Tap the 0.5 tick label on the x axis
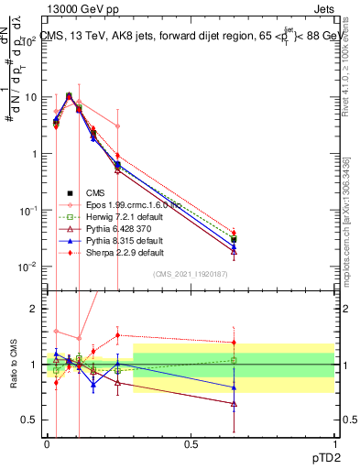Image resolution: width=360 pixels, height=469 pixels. [191, 443]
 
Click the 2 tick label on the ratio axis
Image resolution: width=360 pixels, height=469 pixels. [34, 309]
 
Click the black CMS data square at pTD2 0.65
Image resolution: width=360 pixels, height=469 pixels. [234, 240]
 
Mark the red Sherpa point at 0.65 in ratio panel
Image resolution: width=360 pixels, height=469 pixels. [234, 343]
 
